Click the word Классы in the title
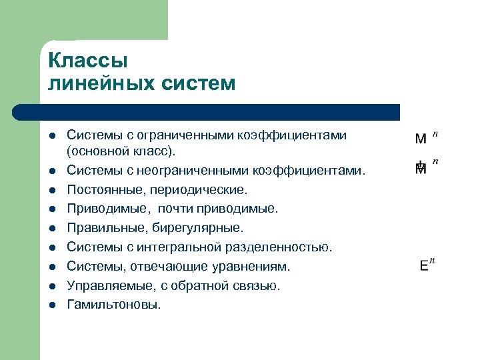pos(87,61)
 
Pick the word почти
pos(175,209)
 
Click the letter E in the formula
pos(424,265)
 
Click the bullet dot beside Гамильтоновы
pos(52,305)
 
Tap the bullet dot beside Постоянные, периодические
pos(52,191)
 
